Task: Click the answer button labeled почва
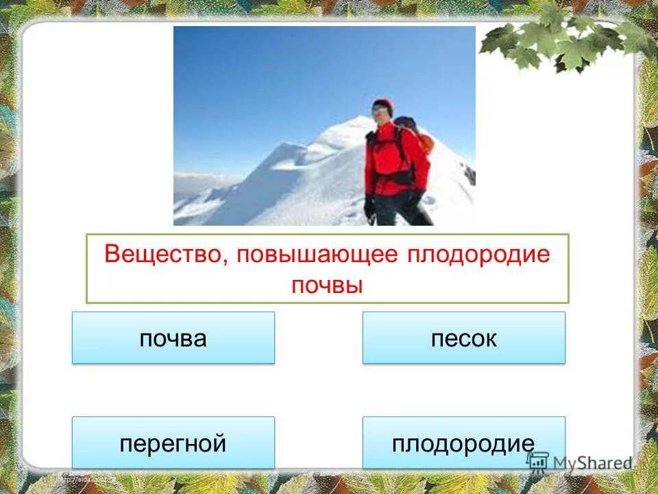tap(173, 338)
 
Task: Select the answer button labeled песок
tap(463, 338)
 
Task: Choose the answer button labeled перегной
tap(173, 443)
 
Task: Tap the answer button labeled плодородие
tap(463, 443)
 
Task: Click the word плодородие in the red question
tap(479, 254)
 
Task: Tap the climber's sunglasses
tap(379, 110)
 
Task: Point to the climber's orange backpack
tap(426, 143)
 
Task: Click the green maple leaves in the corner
tap(562, 41)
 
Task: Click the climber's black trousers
tap(411, 213)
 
